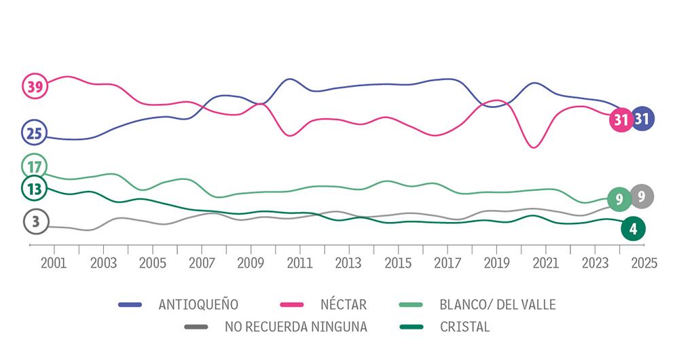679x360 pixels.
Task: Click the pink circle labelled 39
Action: pyautogui.click(x=34, y=86)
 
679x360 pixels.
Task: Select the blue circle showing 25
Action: pyautogui.click(x=34, y=133)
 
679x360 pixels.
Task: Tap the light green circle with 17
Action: pyautogui.click(x=34, y=166)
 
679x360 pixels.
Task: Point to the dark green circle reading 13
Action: pyautogui.click(x=34, y=189)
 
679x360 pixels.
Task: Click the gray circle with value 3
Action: pyautogui.click(x=35, y=221)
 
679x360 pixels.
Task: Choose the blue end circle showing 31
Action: pyautogui.click(x=642, y=119)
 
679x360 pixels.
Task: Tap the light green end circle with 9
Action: pyautogui.click(x=619, y=199)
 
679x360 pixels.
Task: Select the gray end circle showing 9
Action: pyautogui.click(x=642, y=196)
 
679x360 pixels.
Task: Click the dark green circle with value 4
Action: pyautogui.click(x=633, y=229)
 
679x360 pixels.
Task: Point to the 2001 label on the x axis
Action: pyautogui.click(x=54, y=263)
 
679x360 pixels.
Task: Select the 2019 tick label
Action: pyautogui.click(x=496, y=263)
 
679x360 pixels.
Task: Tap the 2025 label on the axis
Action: pyautogui.click(x=644, y=263)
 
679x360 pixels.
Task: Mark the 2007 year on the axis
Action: pyautogui.click(x=202, y=263)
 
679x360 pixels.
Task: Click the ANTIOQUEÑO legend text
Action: pyautogui.click(x=198, y=304)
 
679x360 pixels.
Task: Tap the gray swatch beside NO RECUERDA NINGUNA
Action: pyautogui.click(x=196, y=327)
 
